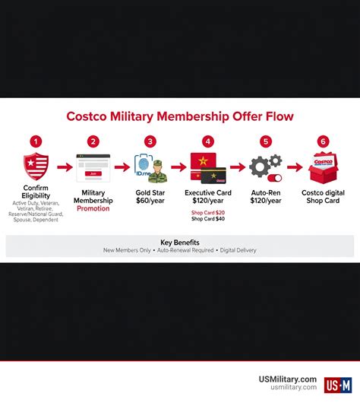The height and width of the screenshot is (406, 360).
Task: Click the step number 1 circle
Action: click(x=36, y=141)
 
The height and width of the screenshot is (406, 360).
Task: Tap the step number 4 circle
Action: click(x=207, y=141)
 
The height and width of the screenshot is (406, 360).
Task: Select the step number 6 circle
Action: click(x=324, y=141)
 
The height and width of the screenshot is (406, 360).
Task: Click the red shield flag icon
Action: click(x=36, y=166)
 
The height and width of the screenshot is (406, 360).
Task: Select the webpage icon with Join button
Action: click(x=93, y=167)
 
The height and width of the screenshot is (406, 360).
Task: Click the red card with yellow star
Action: click(x=204, y=163)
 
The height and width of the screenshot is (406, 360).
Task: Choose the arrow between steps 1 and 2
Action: click(x=64, y=167)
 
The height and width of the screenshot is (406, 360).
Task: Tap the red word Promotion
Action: click(x=93, y=208)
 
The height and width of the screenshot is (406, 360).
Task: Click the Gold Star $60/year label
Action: click(x=150, y=198)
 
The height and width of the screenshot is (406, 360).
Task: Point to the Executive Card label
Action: click(x=207, y=193)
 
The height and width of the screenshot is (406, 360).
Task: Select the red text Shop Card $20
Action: click(x=207, y=212)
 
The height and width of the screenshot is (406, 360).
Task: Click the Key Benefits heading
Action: click(x=180, y=243)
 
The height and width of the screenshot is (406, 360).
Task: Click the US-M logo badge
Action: click(x=338, y=385)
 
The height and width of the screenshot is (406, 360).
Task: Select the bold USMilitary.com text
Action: click(x=286, y=379)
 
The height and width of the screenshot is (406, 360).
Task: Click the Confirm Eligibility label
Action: click(x=36, y=191)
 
